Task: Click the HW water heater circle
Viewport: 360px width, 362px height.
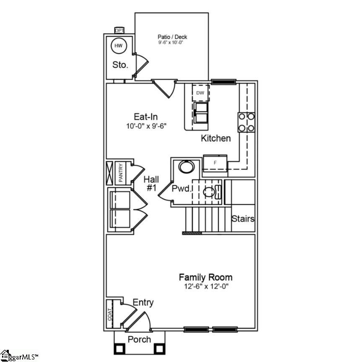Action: [x=119, y=46]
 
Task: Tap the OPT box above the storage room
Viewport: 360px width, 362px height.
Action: [x=119, y=30]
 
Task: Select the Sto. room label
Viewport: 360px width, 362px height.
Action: [x=120, y=65]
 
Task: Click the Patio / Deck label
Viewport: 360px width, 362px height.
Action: [x=171, y=36]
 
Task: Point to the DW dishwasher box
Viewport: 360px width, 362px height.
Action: [x=200, y=93]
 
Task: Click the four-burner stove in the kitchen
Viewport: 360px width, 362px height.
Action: [x=246, y=122]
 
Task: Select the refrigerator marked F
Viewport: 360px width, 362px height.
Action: [x=215, y=162]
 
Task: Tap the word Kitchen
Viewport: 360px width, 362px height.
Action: [x=215, y=138]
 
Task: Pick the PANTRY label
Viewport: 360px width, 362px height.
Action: [x=120, y=172]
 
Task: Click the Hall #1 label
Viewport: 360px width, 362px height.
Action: [x=151, y=183]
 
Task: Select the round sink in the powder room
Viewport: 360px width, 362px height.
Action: [x=186, y=167]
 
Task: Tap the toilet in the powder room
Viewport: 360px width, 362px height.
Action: [x=212, y=193]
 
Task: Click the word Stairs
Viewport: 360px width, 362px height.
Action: [x=243, y=219]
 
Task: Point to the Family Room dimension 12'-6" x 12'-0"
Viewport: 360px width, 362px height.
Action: [x=205, y=286]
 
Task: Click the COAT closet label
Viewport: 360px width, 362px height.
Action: [x=110, y=315]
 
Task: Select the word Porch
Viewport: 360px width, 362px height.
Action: [x=139, y=339]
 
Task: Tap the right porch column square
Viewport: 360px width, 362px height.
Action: [x=158, y=348]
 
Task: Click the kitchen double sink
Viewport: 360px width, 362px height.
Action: [x=201, y=112]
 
